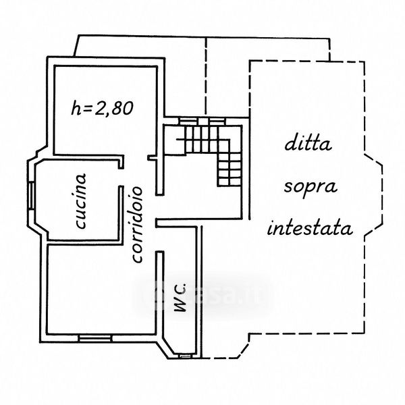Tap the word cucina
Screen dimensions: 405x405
(80, 200)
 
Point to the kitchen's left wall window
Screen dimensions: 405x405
(32, 199)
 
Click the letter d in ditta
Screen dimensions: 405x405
(290, 143)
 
